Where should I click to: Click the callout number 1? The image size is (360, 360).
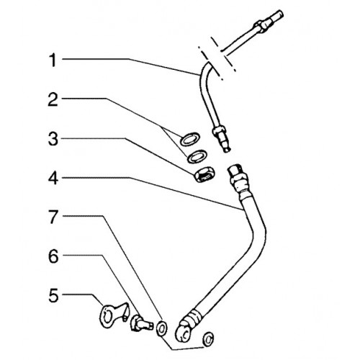[53, 60]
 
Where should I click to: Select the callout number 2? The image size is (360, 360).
[53, 100]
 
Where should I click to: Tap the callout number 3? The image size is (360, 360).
[53, 139]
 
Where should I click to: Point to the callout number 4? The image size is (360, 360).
[53, 179]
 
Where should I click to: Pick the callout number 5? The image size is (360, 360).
[53, 295]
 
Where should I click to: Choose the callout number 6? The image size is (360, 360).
[53, 256]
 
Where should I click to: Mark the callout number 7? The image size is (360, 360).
[53, 217]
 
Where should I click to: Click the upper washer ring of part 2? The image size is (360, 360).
[190, 138]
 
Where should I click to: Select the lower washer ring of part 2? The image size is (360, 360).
[197, 156]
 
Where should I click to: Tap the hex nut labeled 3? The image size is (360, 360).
[204, 174]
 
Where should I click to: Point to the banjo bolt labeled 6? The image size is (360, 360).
[141, 323]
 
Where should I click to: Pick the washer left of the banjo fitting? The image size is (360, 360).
[161, 328]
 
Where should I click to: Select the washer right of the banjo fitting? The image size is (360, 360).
[208, 339]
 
